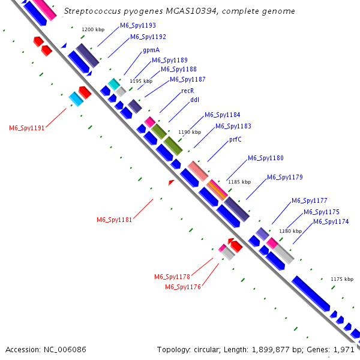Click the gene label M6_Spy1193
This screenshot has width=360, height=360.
pos(138,26)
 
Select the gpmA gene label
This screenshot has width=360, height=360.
pos(151,50)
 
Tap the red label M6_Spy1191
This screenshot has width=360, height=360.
pos(27,128)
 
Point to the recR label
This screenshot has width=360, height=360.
pos(187,91)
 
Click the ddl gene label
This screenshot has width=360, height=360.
pos(194,100)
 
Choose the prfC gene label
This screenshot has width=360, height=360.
pos(235,139)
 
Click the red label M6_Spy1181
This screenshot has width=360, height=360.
pos(115,220)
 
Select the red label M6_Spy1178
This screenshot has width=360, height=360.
pos(172,277)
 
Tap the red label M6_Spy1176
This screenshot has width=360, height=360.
pos(183,287)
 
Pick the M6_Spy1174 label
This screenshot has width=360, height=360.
pos(331,222)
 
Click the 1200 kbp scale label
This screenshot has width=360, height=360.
pos(92,29)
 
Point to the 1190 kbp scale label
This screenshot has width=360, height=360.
pos(189,132)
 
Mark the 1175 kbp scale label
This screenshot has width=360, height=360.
pos(343,279)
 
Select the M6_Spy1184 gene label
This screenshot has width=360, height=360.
pos(223,115)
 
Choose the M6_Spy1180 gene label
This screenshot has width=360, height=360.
pos(266,158)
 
